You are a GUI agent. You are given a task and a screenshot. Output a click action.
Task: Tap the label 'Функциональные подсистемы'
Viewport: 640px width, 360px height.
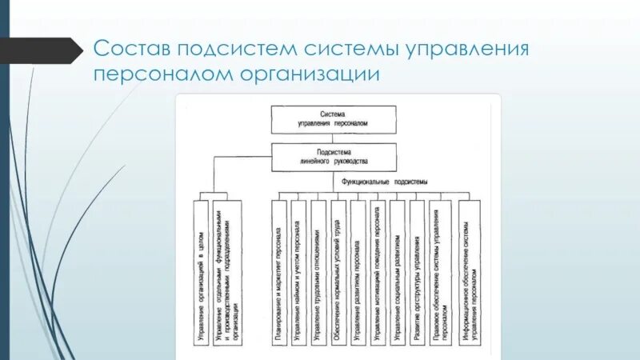pyautogui.click(x=385, y=182)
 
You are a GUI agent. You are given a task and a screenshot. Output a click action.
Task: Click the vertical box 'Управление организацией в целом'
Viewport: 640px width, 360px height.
pyautogui.click(x=201, y=272)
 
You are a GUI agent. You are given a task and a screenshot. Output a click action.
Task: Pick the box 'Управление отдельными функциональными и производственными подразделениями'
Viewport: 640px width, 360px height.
pyautogui.click(x=229, y=272)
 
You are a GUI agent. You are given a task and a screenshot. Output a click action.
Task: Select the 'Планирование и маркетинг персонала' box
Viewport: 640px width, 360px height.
pyautogui.click(x=278, y=272)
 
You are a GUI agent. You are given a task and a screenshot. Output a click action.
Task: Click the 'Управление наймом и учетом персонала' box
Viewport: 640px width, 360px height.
pyautogui.click(x=298, y=272)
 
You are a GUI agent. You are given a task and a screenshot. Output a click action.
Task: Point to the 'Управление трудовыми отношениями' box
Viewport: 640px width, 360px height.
pyautogui.click(x=318, y=272)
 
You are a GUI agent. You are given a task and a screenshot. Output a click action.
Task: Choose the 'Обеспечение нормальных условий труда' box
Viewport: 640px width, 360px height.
pyautogui.click(x=338, y=272)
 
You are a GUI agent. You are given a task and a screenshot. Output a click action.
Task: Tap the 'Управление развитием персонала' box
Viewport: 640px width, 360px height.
pyautogui.click(x=358, y=272)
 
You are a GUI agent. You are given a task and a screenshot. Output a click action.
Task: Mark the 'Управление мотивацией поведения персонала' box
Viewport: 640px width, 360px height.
pyautogui.click(x=378, y=272)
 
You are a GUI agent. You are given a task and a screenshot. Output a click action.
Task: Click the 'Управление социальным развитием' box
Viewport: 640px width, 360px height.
pyautogui.click(x=398, y=272)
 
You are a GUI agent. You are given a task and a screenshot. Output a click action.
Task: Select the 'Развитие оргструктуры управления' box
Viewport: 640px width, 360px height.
pyautogui.click(x=417, y=272)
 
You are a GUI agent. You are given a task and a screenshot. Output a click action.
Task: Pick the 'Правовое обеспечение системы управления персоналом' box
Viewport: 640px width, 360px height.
pyautogui.click(x=440, y=272)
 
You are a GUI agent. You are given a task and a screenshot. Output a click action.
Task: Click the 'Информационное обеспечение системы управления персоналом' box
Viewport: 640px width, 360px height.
pyautogui.click(x=470, y=272)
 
